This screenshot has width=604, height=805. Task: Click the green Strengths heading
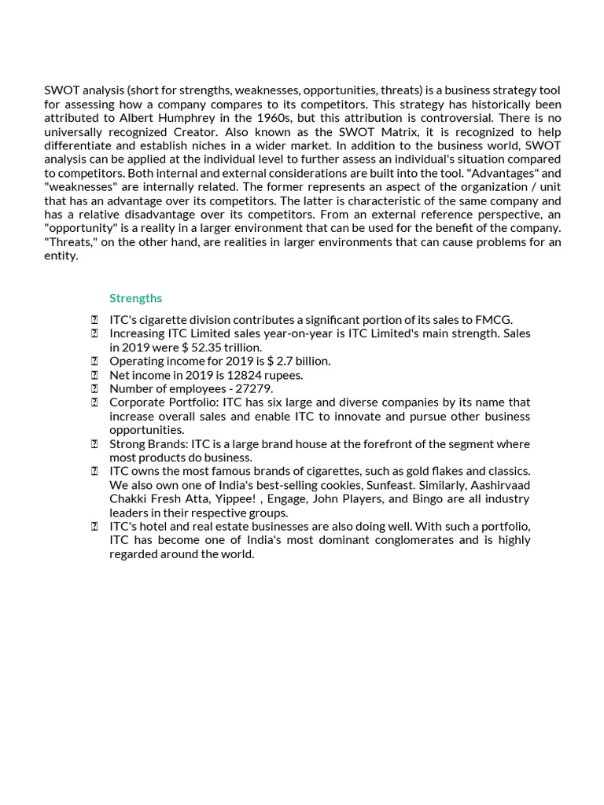pyautogui.click(x=135, y=298)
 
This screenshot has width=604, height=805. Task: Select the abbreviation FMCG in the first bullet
pyautogui.click(x=495, y=319)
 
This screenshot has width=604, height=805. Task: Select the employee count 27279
pyautogui.click(x=253, y=388)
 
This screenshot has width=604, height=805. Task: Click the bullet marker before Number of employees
pyautogui.click(x=94, y=388)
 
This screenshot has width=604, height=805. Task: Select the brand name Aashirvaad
pyautogui.click(x=498, y=485)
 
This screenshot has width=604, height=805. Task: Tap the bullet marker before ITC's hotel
pyautogui.click(x=94, y=527)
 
